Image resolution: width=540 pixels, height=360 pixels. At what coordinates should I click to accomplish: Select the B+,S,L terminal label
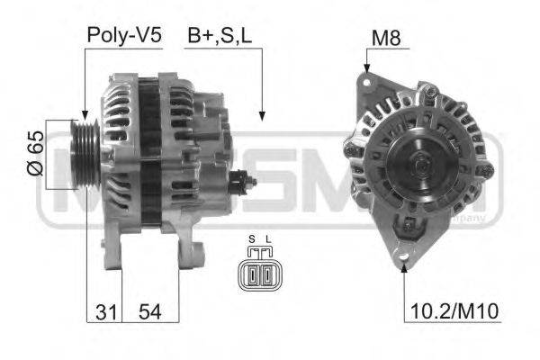click(219, 35)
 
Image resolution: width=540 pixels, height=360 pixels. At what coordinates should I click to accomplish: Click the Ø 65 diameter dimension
click(33, 154)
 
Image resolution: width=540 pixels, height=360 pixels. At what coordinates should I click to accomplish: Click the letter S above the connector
click(252, 239)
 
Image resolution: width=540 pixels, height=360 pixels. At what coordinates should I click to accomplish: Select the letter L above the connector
click(266, 239)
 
